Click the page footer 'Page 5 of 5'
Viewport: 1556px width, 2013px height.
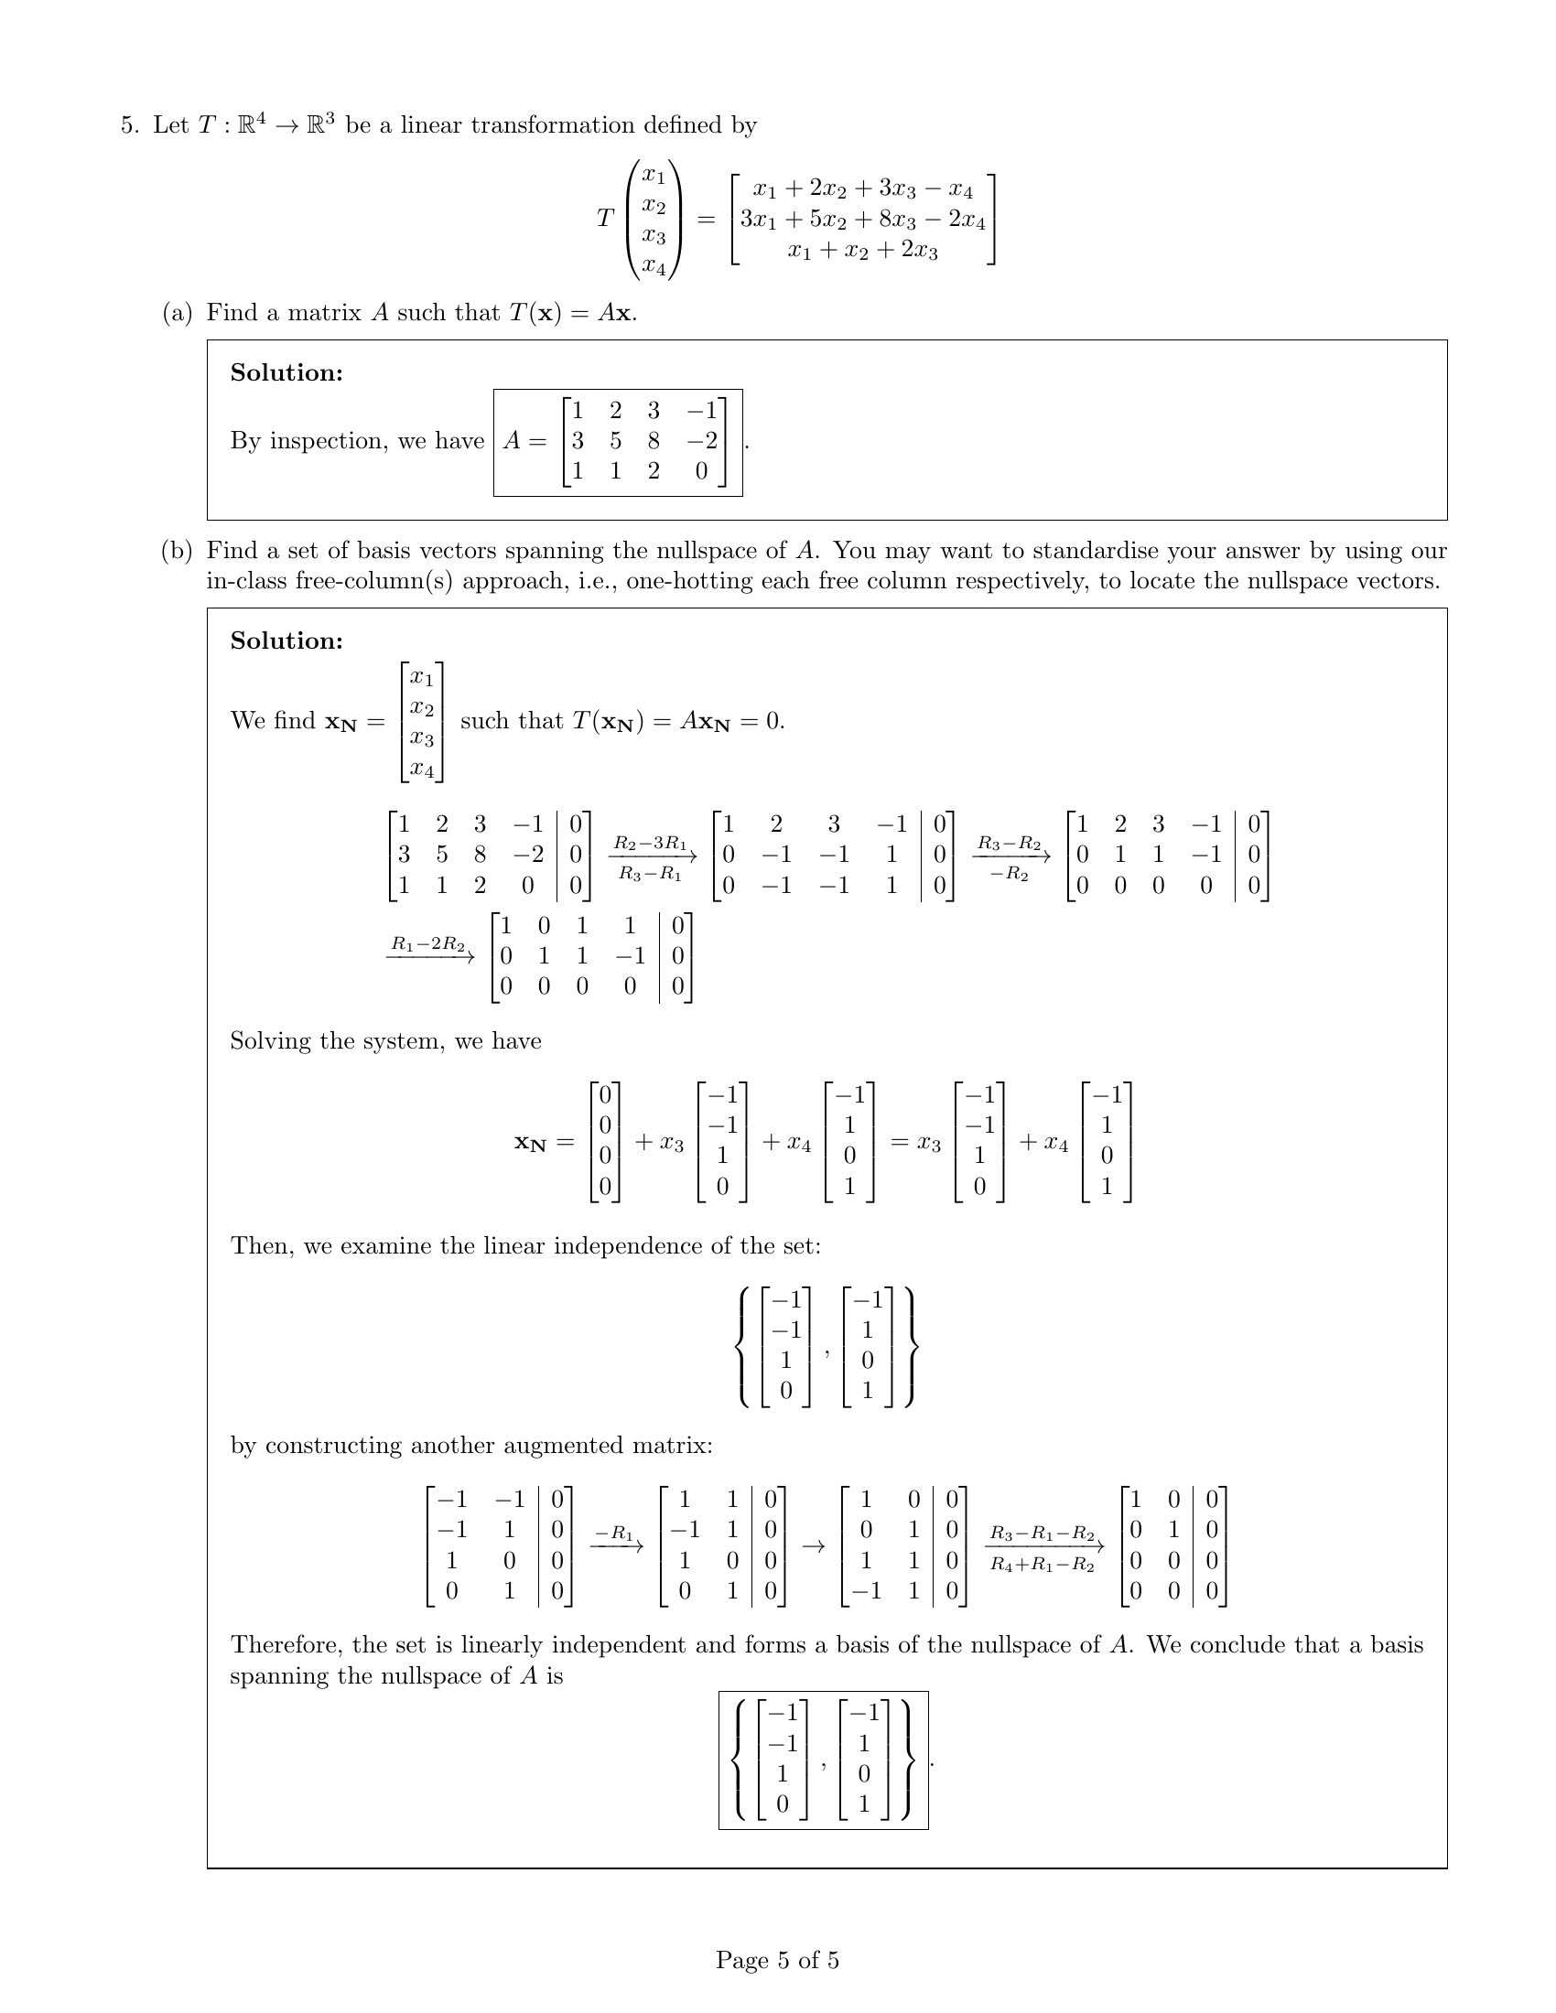pyautogui.click(x=777, y=1960)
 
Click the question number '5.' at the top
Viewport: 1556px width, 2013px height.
pyautogui.click(x=130, y=125)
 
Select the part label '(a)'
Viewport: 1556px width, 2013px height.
pyautogui.click(x=177, y=313)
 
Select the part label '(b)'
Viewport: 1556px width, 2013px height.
pyautogui.click(x=177, y=551)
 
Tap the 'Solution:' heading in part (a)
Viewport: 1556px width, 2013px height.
pyautogui.click(x=286, y=373)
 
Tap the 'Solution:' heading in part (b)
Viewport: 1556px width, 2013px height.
pyautogui.click(x=286, y=641)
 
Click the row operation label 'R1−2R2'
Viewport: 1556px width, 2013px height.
pyautogui.click(x=428, y=944)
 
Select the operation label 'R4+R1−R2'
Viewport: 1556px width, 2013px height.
pyautogui.click(x=1043, y=1565)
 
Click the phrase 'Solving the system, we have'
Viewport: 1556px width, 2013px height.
pyautogui.click(x=385, y=1041)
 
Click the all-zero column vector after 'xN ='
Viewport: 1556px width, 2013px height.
pyautogui.click(x=605, y=1141)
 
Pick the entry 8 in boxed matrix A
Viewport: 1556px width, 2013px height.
pyautogui.click(x=653, y=442)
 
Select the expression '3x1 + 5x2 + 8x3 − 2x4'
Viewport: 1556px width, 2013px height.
pyautogui.click(x=863, y=221)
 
